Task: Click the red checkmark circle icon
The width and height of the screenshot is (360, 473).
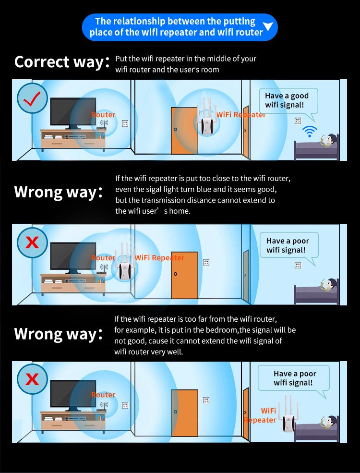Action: pyautogui.click(x=32, y=99)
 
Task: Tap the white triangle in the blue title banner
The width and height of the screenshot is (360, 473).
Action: pyautogui.click(x=269, y=26)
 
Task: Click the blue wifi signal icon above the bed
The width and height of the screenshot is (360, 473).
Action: pyautogui.click(x=310, y=131)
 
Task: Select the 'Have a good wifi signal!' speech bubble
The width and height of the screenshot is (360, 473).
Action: pyautogui.click(x=288, y=101)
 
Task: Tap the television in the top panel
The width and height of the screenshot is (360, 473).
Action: pyautogui.click(x=73, y=113)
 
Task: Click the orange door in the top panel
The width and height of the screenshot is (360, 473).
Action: pyautogui.click(x=184, y=131)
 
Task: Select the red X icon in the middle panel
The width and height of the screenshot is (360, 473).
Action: pyautogui.click(x=32, y=243)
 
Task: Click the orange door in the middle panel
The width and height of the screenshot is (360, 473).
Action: pyautogui.click(x=184, y=275)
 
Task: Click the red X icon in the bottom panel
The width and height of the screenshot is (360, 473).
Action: pyautogui.click(x=32, y=379)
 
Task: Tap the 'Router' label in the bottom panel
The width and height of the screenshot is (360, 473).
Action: pyautogui.click(x=103, y=395)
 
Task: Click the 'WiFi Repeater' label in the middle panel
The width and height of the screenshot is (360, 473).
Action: pyautogui.click(x=159, y=258)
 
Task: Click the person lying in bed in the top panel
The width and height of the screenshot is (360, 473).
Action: pyautogui.click(x=329, y=141)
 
